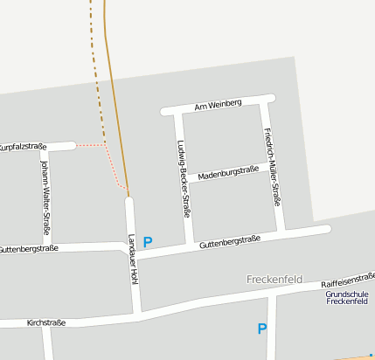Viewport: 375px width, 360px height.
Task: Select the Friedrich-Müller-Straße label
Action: [x=272, y=167]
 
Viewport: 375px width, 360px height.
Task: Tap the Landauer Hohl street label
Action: [x=133, y=259]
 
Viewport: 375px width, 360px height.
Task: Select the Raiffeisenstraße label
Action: [x=348, y=280]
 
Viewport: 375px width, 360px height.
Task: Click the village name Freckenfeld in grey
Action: [x=274, y=280]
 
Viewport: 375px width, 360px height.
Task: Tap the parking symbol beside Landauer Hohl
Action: [x=148, y=242]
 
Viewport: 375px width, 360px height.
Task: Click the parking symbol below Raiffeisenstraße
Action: [x=261, y=329]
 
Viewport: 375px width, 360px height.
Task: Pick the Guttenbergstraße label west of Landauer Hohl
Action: [x=29, y=249]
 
